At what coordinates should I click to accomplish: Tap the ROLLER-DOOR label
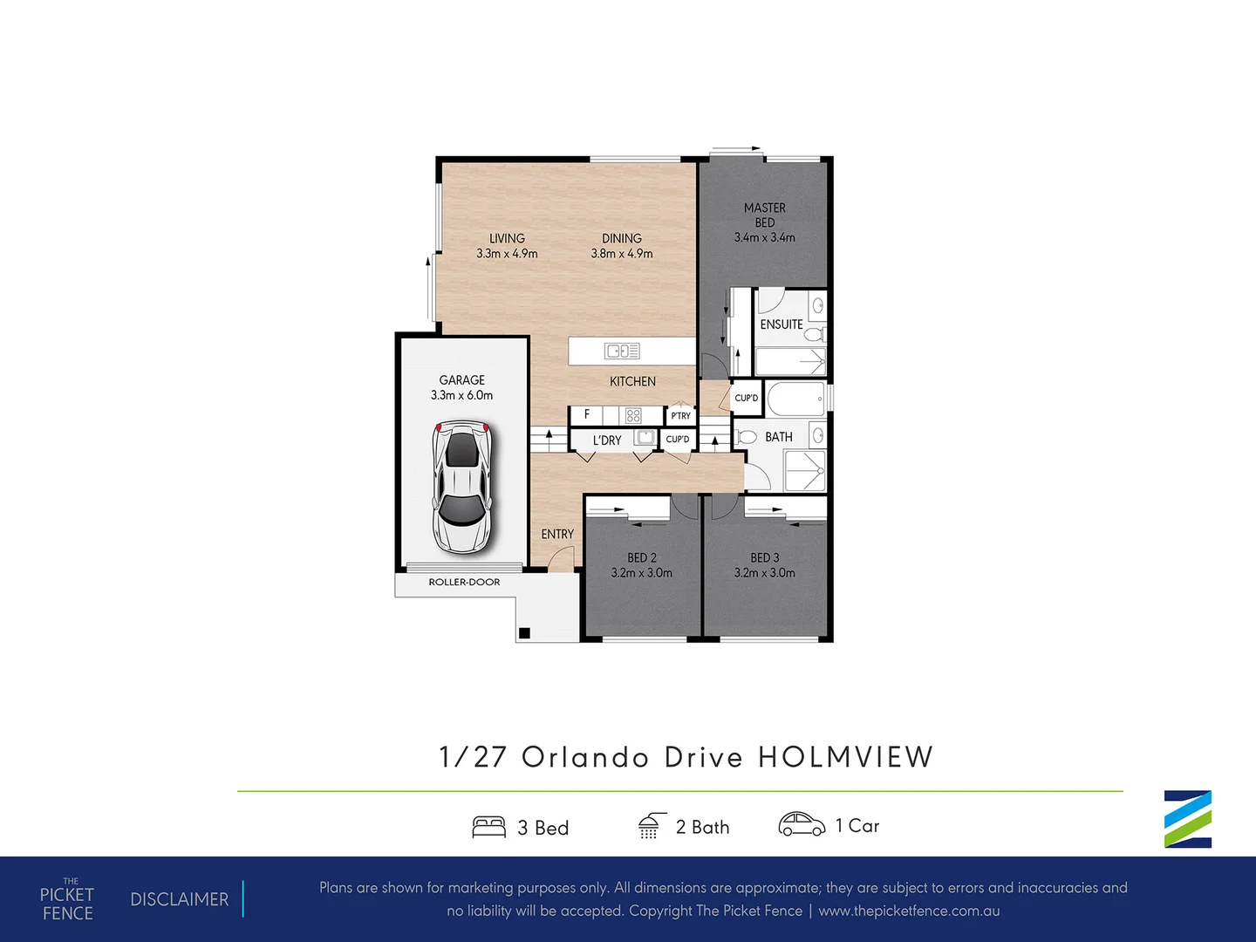(x=464, y=582)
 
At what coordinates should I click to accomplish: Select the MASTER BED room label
(x=764, y=215)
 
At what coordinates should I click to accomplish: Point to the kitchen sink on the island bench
(x=622, y=351)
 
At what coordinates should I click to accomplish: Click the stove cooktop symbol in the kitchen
(x=633, y=416)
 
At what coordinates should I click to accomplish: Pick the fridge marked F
(x=587, y=415)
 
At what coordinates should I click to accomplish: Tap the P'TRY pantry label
(x=680, y=416)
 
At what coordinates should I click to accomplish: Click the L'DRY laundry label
(x=607, y=440)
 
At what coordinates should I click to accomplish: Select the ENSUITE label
(x=781, y=324)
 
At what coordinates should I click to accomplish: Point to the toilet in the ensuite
(x=814, y=335)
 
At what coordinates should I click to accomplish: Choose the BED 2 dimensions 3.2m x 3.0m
(x=641, y=573)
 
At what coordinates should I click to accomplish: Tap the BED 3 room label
(x=764, y=557)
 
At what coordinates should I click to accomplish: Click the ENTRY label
(x=557, y=534)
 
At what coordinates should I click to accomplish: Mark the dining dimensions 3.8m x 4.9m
(x=622, y=254)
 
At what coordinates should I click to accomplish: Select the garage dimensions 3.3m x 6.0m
(x=461, y=395)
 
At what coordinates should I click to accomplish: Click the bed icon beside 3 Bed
(x=488, y=827)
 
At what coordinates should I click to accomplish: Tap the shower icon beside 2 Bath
(x=650, y=826)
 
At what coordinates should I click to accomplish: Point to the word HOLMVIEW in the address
(x=845, y=757)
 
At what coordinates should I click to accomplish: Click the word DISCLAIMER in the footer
(x=179, y=899)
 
